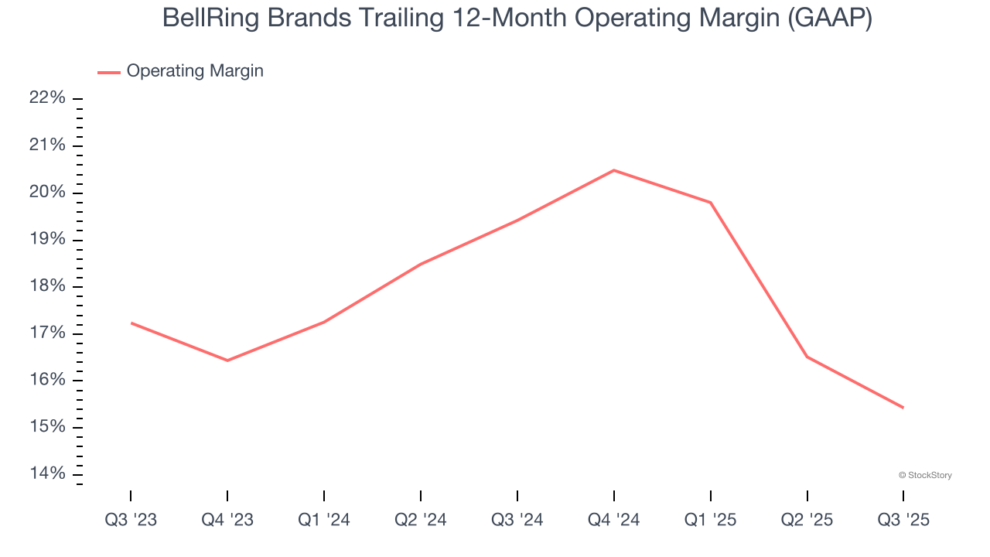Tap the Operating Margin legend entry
pyautogui.click(x=194, y=71)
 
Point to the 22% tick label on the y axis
pyautogui.click(x=47, y=98)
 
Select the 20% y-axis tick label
pyautogui.click(x=47, y=193)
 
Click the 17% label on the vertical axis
pyautogui.click(x=47, y=333)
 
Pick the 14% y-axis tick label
pyautogui.click(x=47, y=474)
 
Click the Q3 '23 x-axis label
pyautogui.click(x=131, y=520)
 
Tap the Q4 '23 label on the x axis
pyautogui.click(x=227, y=520)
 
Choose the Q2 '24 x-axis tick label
pyautogui.click(x=421, y=520)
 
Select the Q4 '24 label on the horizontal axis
pyautogui.click(x=614, y=520)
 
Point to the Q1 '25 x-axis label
pyautogui.click(x=711, y=520)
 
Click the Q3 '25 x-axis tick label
pyautogui.click(x=903, y=520)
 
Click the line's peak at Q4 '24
pyautogui.click(x=614, y=170)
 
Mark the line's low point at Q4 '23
pyautogui.click(x=227, y=361)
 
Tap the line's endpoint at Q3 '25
pyautogui.click(x=903, y=408)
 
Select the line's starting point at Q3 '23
pyautogui.click(x=131, y=323)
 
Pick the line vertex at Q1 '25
pyautogui.click(x=711, y=203)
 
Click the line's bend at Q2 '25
pyautogui.click(x=807, y=357)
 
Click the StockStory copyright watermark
pyautogui.click(x=925, y=475)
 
